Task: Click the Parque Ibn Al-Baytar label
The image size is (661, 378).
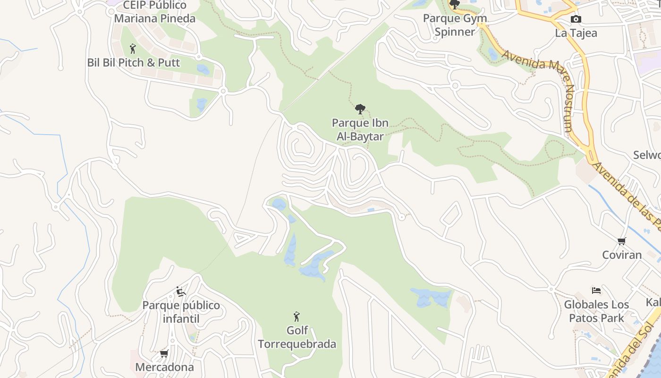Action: pyautogui.click(x=360, y=129)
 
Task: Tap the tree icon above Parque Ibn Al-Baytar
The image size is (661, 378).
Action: pyautogui.click(x=360, y=109)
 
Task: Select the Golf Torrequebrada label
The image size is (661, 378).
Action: pyautogui.click(x=297, y=337)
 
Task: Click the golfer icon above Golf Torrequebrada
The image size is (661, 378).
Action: pyautogui.click(x=297, y=317)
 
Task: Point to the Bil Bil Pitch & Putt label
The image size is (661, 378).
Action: pyautogui.click(x=134, y=62)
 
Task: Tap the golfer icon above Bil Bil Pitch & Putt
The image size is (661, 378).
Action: pyautogui.click(x=133, y=48)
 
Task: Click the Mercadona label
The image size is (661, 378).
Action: pyautogui.click(x=164, y=367)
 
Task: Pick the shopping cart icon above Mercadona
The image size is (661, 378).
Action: pyautogui.click(x=164, y=353)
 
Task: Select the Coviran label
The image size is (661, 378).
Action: pyautogui.click(x=622, y=255)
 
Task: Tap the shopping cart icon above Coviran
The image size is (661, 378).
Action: pyautogui.click(x=622, y=241)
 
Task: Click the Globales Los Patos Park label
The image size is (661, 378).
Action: pyautogui.click(x=596, y=311)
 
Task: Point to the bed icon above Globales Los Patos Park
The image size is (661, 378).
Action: pyautogui.click(x=596, y=291)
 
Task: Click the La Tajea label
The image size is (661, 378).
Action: pyautogui.click(x=576, y=33)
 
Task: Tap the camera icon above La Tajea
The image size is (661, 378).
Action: pyautogui.click(x=576, y=19)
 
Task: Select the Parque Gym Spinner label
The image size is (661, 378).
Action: pyautogui.click(x=455, y=25)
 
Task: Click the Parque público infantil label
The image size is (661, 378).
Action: pyautogui.click(x=181, y=312)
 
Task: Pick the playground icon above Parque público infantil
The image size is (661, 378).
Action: pyautogui.click(x=181, y=292)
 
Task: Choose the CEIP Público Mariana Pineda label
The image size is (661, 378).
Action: pyautogui.click(x=155, y=12)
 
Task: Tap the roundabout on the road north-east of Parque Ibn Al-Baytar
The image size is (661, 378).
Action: pyautogui.click(x=455, y=86)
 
